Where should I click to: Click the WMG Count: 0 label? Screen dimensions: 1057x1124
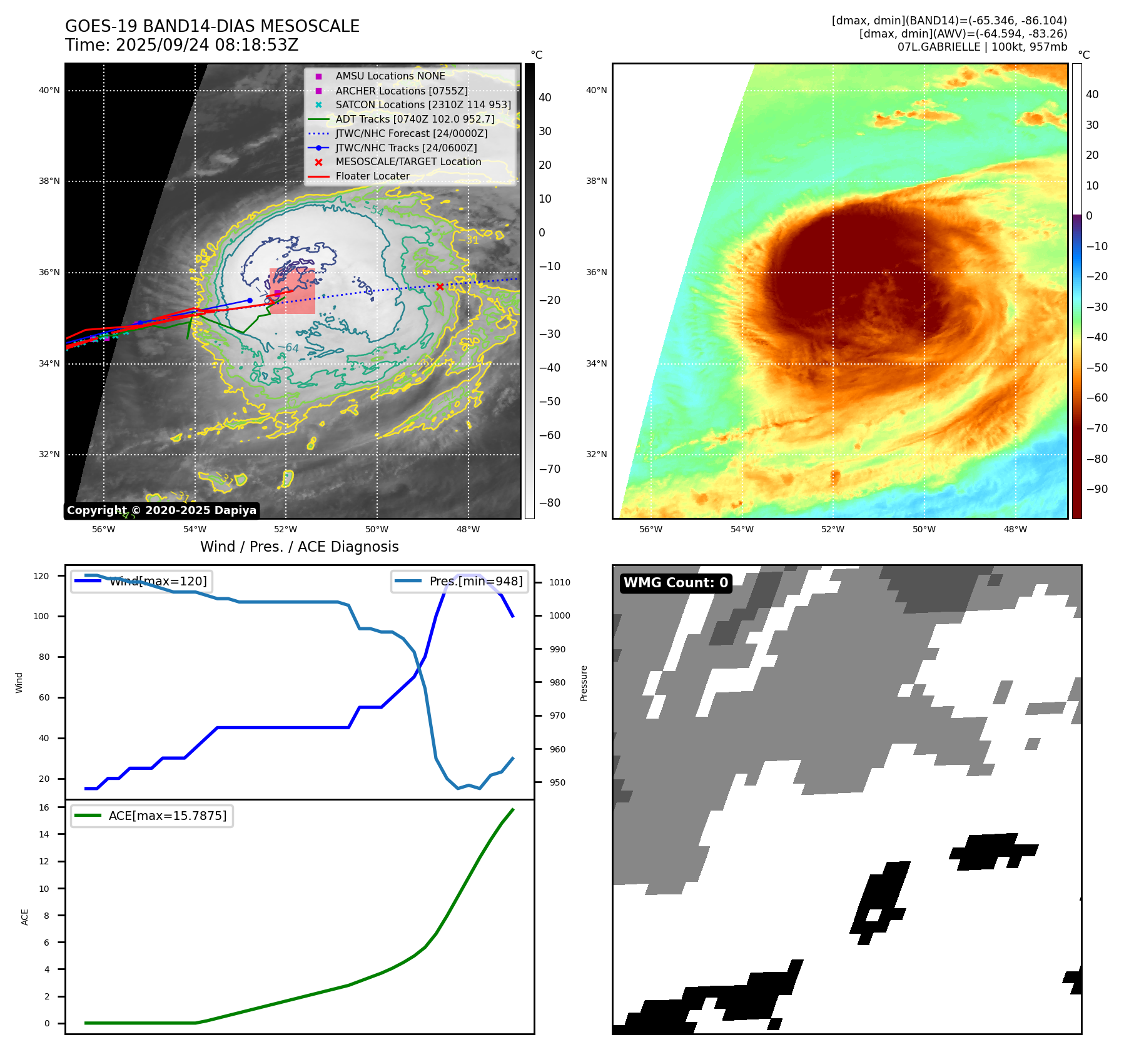pos(676,583)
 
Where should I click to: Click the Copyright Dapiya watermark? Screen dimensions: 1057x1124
pos(161,510)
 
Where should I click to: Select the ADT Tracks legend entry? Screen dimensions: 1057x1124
pos(415,119)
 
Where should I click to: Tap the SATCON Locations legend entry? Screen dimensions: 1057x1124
pos(423,104)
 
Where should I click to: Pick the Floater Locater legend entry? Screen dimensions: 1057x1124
pos(372,176)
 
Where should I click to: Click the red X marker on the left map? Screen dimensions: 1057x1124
pos(440,286)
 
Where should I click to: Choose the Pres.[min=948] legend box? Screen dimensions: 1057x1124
pos(460,581)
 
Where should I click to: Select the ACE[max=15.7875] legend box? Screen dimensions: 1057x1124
pos(152,816)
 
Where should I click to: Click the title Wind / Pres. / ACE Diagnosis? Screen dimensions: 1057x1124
pos(299,547)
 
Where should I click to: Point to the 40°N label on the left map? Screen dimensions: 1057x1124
pos(49,90)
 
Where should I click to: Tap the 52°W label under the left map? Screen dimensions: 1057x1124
pos(286,529)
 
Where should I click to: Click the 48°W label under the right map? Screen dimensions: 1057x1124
pos(1015,529)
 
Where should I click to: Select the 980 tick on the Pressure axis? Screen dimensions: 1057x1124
pos(558,682)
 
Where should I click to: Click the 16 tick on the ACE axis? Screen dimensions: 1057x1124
pos(44,807)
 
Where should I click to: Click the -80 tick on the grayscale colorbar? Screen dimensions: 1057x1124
pos(550,503)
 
